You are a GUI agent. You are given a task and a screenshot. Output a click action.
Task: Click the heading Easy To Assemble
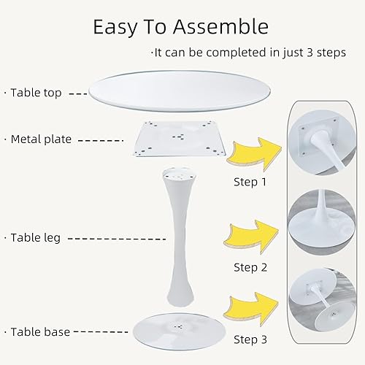click(180, 27)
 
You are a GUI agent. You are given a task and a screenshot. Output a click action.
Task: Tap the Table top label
click(45, 93)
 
